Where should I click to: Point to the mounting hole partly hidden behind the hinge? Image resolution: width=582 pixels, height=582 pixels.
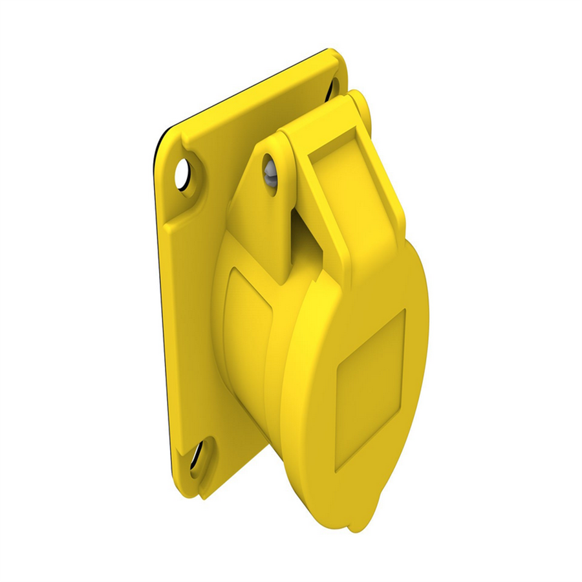334,87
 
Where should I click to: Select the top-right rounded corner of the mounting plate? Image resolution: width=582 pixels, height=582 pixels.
336,55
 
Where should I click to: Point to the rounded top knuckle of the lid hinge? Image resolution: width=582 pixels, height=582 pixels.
356,100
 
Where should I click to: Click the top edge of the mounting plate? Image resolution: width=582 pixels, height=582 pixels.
252,91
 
